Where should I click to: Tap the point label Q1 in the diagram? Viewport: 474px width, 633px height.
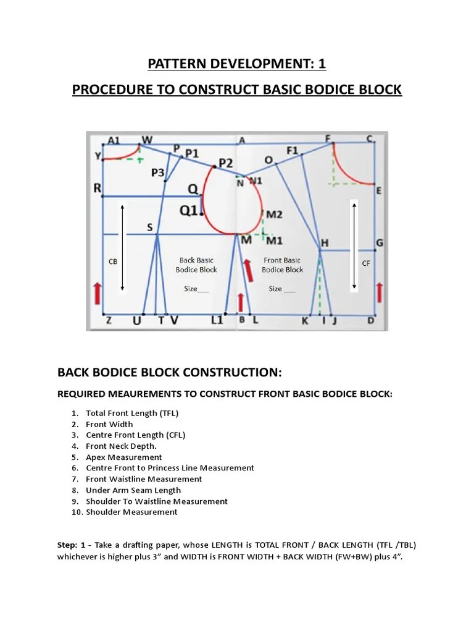tap(189, 211)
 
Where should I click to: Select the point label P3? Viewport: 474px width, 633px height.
tap(158, 173)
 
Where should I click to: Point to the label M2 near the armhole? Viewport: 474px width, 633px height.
tap(273, 215)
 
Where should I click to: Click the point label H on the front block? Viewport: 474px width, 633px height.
tap(325, 242)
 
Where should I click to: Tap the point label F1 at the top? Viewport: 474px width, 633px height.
tap(292, 150)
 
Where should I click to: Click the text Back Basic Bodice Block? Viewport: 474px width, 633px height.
tap(196, 265)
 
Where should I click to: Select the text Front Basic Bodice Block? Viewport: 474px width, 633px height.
tap(282, 265)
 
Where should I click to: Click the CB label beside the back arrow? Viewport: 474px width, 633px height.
tap(113, 261)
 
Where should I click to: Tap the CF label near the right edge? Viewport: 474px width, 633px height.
tap(366, 263)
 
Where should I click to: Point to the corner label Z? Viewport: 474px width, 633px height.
tap(109, 320)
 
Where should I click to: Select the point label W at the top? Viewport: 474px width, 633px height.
tap(147, 140)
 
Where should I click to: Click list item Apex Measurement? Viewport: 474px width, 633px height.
tap(123, 457)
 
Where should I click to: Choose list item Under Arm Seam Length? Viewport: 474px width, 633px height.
tap(133, 490)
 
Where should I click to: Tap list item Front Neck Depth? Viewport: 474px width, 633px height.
tap(121, 446)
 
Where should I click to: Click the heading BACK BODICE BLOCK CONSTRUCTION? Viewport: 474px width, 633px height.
tap(169, 373)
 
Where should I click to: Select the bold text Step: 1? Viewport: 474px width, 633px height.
tap(71, 545)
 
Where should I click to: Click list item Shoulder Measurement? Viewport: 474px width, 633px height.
tap(131, 512)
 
